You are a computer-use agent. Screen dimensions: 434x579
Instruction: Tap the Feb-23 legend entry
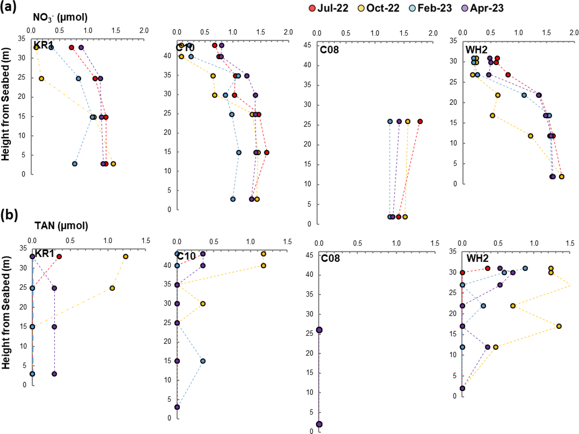coord(431,8)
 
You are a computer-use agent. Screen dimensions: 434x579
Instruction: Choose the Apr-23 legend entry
coord(482,8)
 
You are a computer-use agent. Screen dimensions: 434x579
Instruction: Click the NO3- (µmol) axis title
coord(60,18)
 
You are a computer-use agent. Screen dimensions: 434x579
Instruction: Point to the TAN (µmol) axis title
coord(61,226)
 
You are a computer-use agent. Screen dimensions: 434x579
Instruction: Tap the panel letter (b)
coord(9,215)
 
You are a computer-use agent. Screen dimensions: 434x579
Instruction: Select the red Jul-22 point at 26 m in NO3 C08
coord(420,122)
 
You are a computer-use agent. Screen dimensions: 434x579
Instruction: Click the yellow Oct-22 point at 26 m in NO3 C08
coord(408,122)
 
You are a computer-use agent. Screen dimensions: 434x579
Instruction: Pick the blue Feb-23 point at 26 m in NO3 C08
coord(390,122)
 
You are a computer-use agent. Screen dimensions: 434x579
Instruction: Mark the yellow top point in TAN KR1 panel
coord(126,256)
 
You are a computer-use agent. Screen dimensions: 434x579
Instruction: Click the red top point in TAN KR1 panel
coord(59,256)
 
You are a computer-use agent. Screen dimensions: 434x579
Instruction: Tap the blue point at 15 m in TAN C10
coord(203,361)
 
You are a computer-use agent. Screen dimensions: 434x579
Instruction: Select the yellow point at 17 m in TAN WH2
coord(559,326)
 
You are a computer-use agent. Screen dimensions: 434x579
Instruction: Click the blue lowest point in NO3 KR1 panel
coord(75,164)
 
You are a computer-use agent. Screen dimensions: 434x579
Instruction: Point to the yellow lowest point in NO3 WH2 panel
coord(562,177)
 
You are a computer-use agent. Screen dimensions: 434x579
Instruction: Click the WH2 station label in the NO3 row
coord(476,50)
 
